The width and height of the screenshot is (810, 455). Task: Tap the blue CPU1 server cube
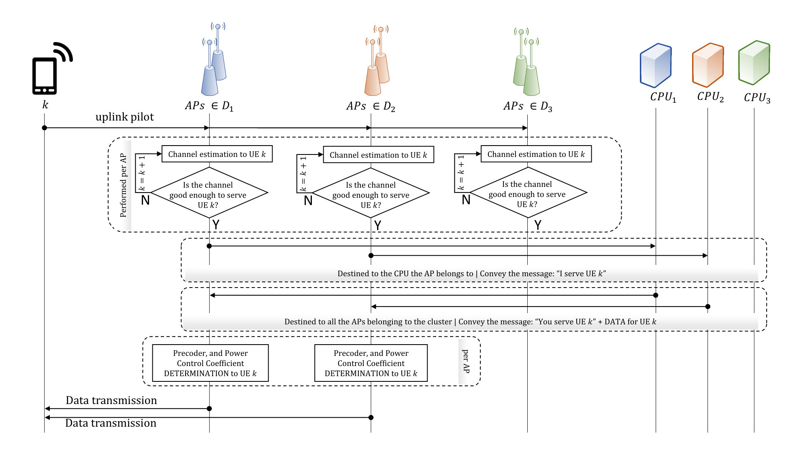click(x=656, y=66)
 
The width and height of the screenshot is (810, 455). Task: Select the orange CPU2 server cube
click(x=708, y=65)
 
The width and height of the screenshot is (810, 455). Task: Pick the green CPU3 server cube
click(x=754, y=63)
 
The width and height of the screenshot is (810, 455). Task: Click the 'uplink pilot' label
click(x=125, y=117)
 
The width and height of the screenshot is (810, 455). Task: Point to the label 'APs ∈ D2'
click(x=371, y=106)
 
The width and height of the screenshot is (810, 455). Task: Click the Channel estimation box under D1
click(x=217, y=154)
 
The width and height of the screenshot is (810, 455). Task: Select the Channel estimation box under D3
click(x=536, y=154)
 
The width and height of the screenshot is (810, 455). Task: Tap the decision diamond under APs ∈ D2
click(x=371, y=193)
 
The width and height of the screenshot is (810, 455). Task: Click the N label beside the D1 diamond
click(x=145, y=200)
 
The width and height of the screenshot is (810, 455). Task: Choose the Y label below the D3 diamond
click(x=538, y=225)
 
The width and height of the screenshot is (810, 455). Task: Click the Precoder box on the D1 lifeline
click(x=210, y=363)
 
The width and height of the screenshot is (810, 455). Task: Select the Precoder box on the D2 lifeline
click(x=371, y=363)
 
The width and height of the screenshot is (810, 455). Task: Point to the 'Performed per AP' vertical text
click(x=123, y=185)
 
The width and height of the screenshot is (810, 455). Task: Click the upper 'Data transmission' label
click(x=111, y=400)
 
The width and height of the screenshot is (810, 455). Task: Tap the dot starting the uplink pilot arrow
click(x=45, y=128)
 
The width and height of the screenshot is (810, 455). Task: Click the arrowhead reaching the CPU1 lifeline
click(x=653, y=246)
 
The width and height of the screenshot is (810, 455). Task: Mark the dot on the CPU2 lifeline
click(x=708, y=307)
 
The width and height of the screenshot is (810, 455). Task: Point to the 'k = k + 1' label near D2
click(x=303, y=174)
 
